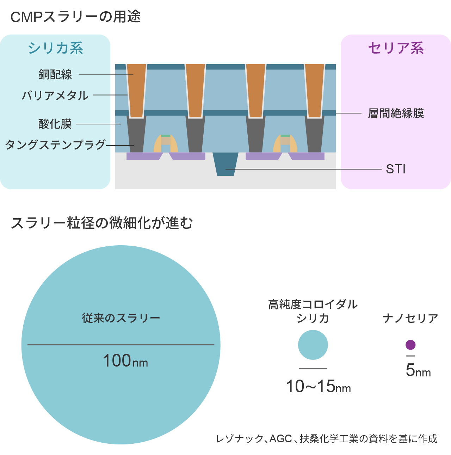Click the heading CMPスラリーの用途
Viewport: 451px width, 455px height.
tap(75, 17)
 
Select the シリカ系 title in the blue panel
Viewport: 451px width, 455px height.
tap(55, 48)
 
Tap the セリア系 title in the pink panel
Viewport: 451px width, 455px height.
tap(396, 48)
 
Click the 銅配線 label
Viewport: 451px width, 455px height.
tap(55, 74)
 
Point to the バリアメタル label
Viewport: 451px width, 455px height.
tap(55, 96)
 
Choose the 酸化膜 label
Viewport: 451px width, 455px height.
tap(55, 124)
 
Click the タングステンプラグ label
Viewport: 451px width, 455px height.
tap(55, 145)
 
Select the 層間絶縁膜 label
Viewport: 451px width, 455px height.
tap(396, 113)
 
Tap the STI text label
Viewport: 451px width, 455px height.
tap(396, 169)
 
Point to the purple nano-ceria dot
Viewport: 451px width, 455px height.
tap(410, 345)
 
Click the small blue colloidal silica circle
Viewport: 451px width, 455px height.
tap(313, 345)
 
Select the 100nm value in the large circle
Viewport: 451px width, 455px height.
tap(125, 361)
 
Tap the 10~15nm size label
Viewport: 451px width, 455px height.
tap(318, 387)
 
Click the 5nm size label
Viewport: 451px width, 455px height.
tap(418, 370)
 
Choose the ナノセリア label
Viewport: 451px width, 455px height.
tap(410, 318)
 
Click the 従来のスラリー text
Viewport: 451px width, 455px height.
tap(121, 318)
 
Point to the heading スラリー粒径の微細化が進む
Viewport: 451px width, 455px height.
tap(102, 223)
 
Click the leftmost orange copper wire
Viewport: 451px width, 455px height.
tap(136, 90)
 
